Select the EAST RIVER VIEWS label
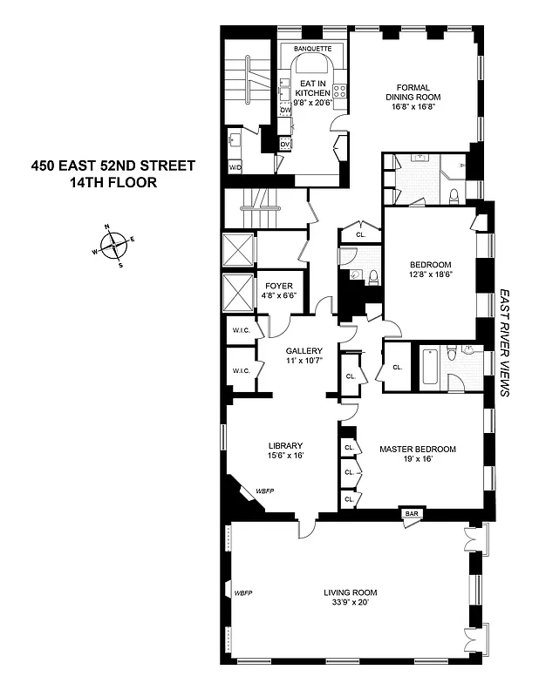[x=503, y=343]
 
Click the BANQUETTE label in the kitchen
[x=313, y=48]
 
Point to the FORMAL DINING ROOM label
[x=415, y=92]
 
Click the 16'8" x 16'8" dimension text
[x=416, y=108]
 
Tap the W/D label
[x=235, y=166]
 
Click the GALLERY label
[x=297, y=351]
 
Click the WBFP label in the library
[x=264, y=491]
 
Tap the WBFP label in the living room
[x=242, y=593]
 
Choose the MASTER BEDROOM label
[x=417, y=449]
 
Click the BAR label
[x=411, y=515]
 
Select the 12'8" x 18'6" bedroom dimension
[x=430, y=275]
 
